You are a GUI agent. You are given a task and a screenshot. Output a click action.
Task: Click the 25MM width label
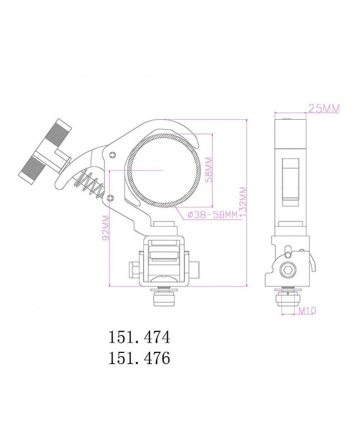point(324,109)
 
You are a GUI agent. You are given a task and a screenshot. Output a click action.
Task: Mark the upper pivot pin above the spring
point(113,154)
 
